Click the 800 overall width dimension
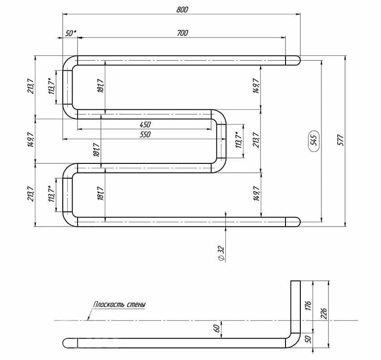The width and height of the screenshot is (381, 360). click(182, 9)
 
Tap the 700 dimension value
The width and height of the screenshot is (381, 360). click(182, 33)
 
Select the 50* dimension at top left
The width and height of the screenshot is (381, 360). click(70, 33)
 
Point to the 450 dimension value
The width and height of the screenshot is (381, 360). click(145, 125)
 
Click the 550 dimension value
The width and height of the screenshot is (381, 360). click(145, 134)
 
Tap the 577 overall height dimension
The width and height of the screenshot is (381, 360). click(341, 140)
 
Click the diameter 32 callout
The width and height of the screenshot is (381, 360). click(221, 253)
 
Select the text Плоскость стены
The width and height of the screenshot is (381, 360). click(120, 304)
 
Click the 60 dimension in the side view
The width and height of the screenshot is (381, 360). click(216, 329)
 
